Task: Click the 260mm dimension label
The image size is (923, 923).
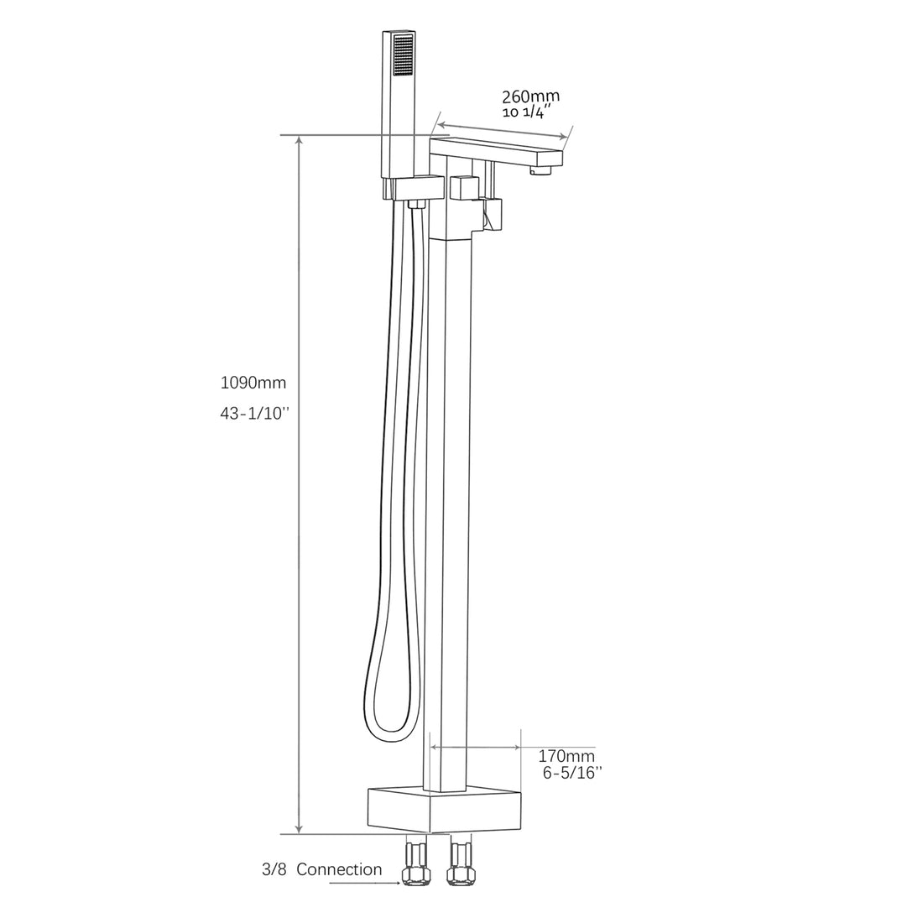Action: (529, 96)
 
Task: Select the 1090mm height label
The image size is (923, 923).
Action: (253, 383)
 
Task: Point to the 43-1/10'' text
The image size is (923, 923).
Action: (253, 414)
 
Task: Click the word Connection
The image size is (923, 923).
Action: (338, 869)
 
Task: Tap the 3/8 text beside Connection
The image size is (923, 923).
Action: (272, 869)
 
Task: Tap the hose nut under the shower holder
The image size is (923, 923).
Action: (414, 203)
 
